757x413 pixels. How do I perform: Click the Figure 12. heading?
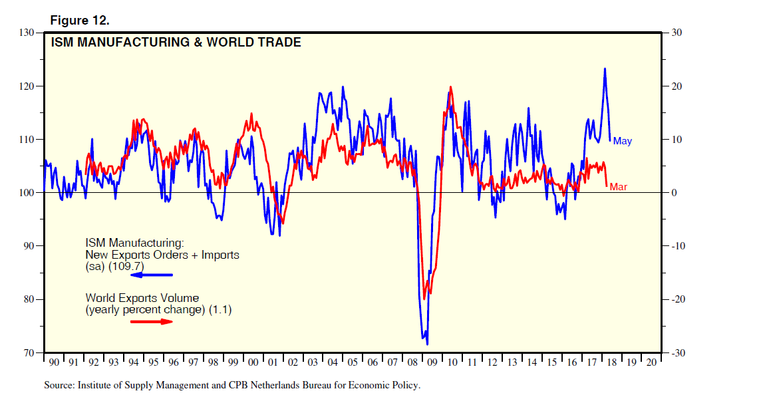[80, 21]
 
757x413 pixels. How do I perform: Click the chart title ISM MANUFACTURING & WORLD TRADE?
[176, 43]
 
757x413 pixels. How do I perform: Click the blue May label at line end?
[623, 141]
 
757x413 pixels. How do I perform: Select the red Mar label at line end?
[619, 187]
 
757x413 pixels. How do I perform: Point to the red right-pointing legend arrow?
[151, 322]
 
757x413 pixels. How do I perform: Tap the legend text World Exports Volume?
[142, 298]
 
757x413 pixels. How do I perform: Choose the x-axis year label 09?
[432, 363]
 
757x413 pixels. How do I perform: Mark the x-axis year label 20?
[651, 363]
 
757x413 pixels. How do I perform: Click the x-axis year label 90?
[54, 363]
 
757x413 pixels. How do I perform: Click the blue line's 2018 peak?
[605, 69]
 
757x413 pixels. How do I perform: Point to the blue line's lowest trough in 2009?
[427, 344]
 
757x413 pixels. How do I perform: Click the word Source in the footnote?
[59, 385]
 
